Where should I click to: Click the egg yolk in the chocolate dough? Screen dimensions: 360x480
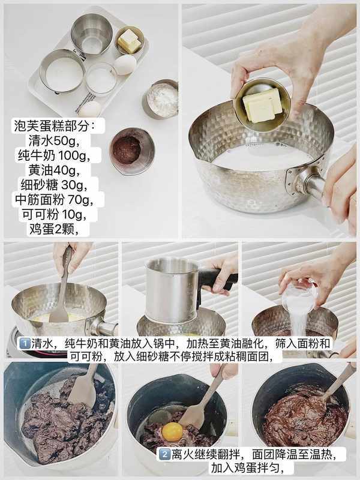172,431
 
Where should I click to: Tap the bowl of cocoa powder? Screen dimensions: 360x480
132,151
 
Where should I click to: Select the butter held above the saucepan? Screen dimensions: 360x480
263,106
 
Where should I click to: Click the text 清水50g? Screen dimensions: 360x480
54,141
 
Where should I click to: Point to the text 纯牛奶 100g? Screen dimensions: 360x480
54,155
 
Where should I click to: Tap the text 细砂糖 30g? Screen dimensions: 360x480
54,185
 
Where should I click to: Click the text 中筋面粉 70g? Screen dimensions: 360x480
54,200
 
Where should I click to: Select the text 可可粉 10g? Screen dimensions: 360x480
54,214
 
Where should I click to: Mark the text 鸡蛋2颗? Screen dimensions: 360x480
54,229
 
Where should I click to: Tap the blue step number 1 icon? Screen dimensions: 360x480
25,343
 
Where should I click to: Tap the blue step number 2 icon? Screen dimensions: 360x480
164,454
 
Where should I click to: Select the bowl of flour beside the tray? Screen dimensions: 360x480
161,98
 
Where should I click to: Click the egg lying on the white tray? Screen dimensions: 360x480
125,65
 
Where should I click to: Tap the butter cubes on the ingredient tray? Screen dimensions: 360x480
130,41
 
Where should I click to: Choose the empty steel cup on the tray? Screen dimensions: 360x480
92,34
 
